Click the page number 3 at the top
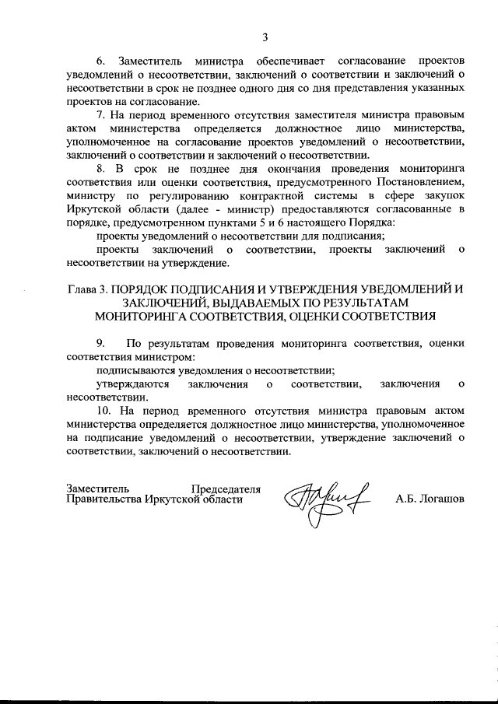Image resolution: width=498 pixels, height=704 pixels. (x=265, y=37)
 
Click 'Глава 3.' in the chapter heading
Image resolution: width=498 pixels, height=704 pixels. (x=87, y=289)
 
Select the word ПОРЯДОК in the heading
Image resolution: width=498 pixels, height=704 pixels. (x=146, y=289)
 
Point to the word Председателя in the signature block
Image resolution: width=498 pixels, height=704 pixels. (x=226, y=489)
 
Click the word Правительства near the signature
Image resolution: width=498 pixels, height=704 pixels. (x=103, y=500)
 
